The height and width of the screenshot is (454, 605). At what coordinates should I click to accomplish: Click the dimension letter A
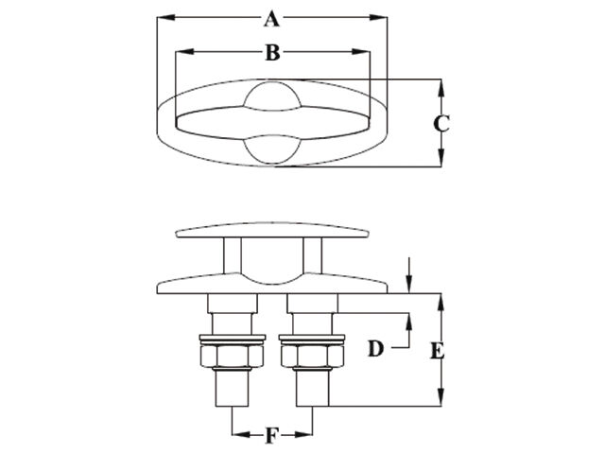(x=271, y=19)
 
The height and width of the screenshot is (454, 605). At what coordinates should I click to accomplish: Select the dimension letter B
(x=272, y=53)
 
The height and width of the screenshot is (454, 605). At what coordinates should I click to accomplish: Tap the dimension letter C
(x=441, y=124)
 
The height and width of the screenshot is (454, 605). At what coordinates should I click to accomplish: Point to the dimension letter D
(x=376, y=349)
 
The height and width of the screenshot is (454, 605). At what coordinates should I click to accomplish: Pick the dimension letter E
(x=438, y=351)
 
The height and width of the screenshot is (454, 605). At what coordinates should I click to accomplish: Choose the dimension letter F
(x=272, y=436)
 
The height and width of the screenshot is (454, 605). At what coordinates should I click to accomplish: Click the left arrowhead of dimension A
(x=166, y=17)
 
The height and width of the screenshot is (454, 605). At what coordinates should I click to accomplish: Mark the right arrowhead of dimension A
(x=378, y=17)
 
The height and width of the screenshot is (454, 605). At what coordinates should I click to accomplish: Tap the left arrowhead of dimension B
(x=184, y=52)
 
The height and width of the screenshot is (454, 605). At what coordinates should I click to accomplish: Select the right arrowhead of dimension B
(x=361, y=52)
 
